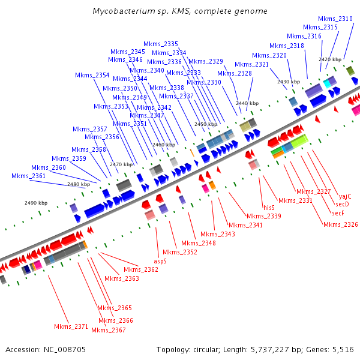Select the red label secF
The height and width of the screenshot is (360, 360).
[338, 213]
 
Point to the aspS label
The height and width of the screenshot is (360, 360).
[160, 261]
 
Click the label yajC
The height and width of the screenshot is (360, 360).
[345, 196]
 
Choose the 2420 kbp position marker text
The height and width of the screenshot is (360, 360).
[330, 59]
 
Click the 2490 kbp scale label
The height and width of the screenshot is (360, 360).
[36, 203]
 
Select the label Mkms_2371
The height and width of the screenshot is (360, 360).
[71, 326]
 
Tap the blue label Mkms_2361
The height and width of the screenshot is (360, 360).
[29, 176]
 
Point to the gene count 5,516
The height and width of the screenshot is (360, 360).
[341, 349]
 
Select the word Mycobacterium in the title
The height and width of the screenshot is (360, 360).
[124, 11]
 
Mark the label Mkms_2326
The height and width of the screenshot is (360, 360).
[340, 224]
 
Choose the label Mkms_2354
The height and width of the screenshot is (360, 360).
[92, 75]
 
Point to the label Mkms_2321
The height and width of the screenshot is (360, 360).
[251, 64]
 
